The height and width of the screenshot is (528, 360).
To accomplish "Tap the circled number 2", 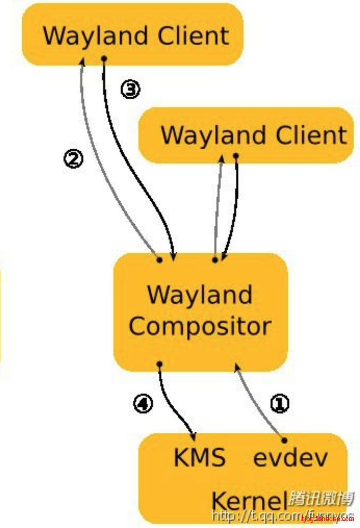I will (73, 158).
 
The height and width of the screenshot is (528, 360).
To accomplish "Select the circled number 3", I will (130, 89).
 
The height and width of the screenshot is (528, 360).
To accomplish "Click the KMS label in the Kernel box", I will (200, 457).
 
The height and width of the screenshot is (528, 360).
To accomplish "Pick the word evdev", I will (290, 457).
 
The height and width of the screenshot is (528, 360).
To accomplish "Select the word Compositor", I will (200, 326).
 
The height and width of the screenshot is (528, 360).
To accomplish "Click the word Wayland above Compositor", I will (200, 294).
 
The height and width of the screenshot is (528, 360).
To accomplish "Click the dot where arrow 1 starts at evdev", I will (284, 440).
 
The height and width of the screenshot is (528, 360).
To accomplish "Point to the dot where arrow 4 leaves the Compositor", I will (159, 364).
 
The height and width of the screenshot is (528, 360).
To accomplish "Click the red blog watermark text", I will (327, 518).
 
